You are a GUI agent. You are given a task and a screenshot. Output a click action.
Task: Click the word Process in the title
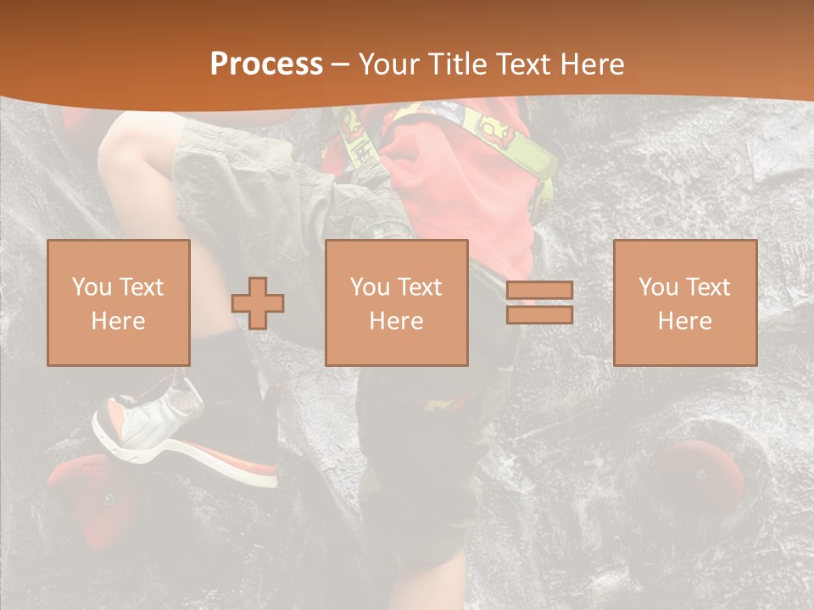tap(266, 64)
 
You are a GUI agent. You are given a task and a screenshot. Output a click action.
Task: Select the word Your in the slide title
tap(388, 64)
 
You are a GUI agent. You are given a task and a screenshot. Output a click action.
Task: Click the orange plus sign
tap(258, 302)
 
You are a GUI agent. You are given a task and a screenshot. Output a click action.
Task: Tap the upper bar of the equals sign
tap(539, 291)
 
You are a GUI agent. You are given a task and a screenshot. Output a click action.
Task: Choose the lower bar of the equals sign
tap(539, 315)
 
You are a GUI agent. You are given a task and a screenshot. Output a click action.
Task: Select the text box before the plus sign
tap(119, 302)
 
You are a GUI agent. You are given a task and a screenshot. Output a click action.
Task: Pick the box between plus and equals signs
tap(397, 302)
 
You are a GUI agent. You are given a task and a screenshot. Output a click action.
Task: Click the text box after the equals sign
tap(685, 302)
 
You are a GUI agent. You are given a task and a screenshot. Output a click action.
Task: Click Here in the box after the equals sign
tap(685, 321)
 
